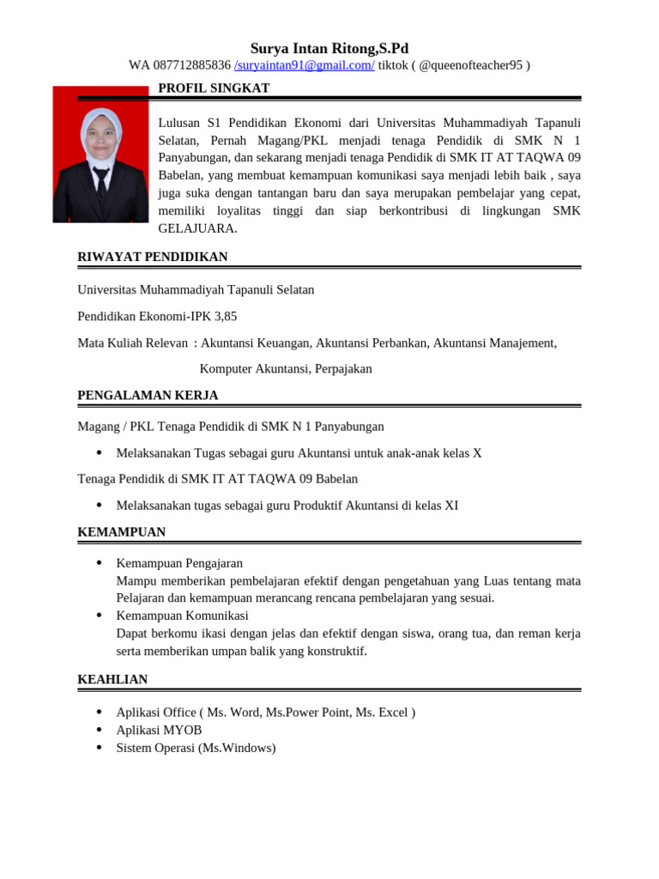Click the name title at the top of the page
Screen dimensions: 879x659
pyautogui.click(x=329, y=48)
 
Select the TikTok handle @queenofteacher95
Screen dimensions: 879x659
pyautogui.click(x=471, y=65)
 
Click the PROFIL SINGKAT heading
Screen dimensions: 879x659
pyautogui.click(x=214, y=88)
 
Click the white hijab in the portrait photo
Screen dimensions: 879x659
pyautogui.click(x=100, y=129)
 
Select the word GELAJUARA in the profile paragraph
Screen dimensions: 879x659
pyautogui.click(x=197, y=228)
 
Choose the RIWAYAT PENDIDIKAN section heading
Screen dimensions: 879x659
pyautogui.click(x=153, y=257)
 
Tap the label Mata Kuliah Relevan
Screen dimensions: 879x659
pyautogui.click(x=133, y=343)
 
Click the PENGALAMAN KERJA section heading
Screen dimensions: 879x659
pyautogui.click(x=148, y=395)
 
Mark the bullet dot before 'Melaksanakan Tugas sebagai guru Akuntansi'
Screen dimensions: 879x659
pyautogui.click(x=99, y=452)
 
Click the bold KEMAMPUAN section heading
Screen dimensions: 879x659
pyautogui.click(x=122, y=532)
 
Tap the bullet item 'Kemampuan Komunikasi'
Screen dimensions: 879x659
pyautogui.click(x=182, y=615)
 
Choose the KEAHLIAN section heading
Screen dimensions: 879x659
pyautogui.click(x=112, y=679)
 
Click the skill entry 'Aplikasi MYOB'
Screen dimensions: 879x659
pyautogui.click(x=159, y=730)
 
